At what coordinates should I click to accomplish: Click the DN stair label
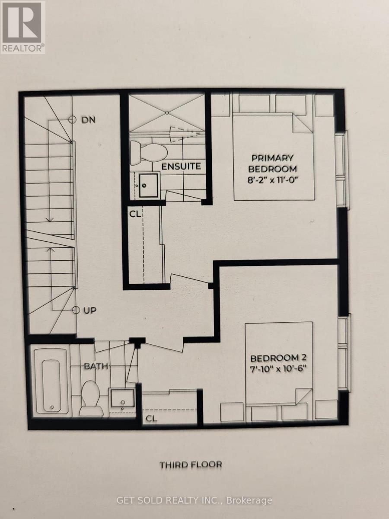click(88, 120)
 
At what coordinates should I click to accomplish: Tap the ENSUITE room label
click(181, 166)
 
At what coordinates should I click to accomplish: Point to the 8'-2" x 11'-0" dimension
click(274, 179)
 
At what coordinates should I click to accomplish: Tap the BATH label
click(96, 366)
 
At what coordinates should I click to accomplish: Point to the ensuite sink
click(147, 186)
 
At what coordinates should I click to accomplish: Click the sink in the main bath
click(121, 398)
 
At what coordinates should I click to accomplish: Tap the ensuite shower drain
click(166, 112)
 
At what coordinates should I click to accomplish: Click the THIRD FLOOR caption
click(191, 465)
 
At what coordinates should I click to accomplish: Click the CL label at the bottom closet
click(151, 418)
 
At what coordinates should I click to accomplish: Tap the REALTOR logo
click(22, 27)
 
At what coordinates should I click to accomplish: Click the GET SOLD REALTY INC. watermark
click(194, 500)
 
